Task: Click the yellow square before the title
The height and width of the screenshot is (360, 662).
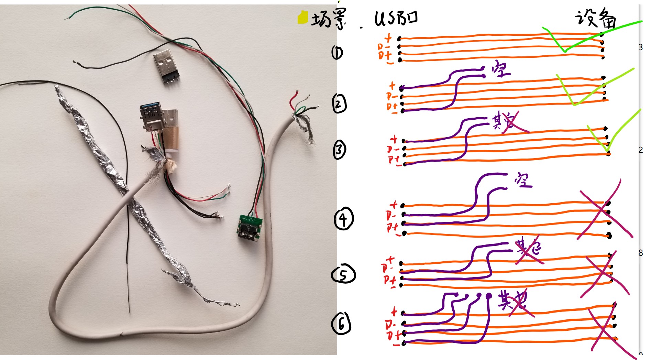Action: pos(302,18)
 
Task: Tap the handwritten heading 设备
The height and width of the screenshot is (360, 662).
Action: pos(595,18)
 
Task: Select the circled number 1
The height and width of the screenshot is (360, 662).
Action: pos(337,53)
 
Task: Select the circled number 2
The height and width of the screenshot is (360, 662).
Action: pos(339,104)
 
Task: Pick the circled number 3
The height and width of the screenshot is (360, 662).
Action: pos(340,150)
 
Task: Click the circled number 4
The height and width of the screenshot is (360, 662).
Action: pos(343,218)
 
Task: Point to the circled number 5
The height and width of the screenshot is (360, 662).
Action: pos(343,274)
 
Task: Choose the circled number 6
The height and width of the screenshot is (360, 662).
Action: pos(341,323)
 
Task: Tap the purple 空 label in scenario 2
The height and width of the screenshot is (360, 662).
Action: pos(501,69)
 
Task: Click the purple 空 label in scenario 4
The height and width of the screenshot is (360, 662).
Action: pos(523,180)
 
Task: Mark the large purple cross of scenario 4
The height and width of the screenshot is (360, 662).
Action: pos(605,210)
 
